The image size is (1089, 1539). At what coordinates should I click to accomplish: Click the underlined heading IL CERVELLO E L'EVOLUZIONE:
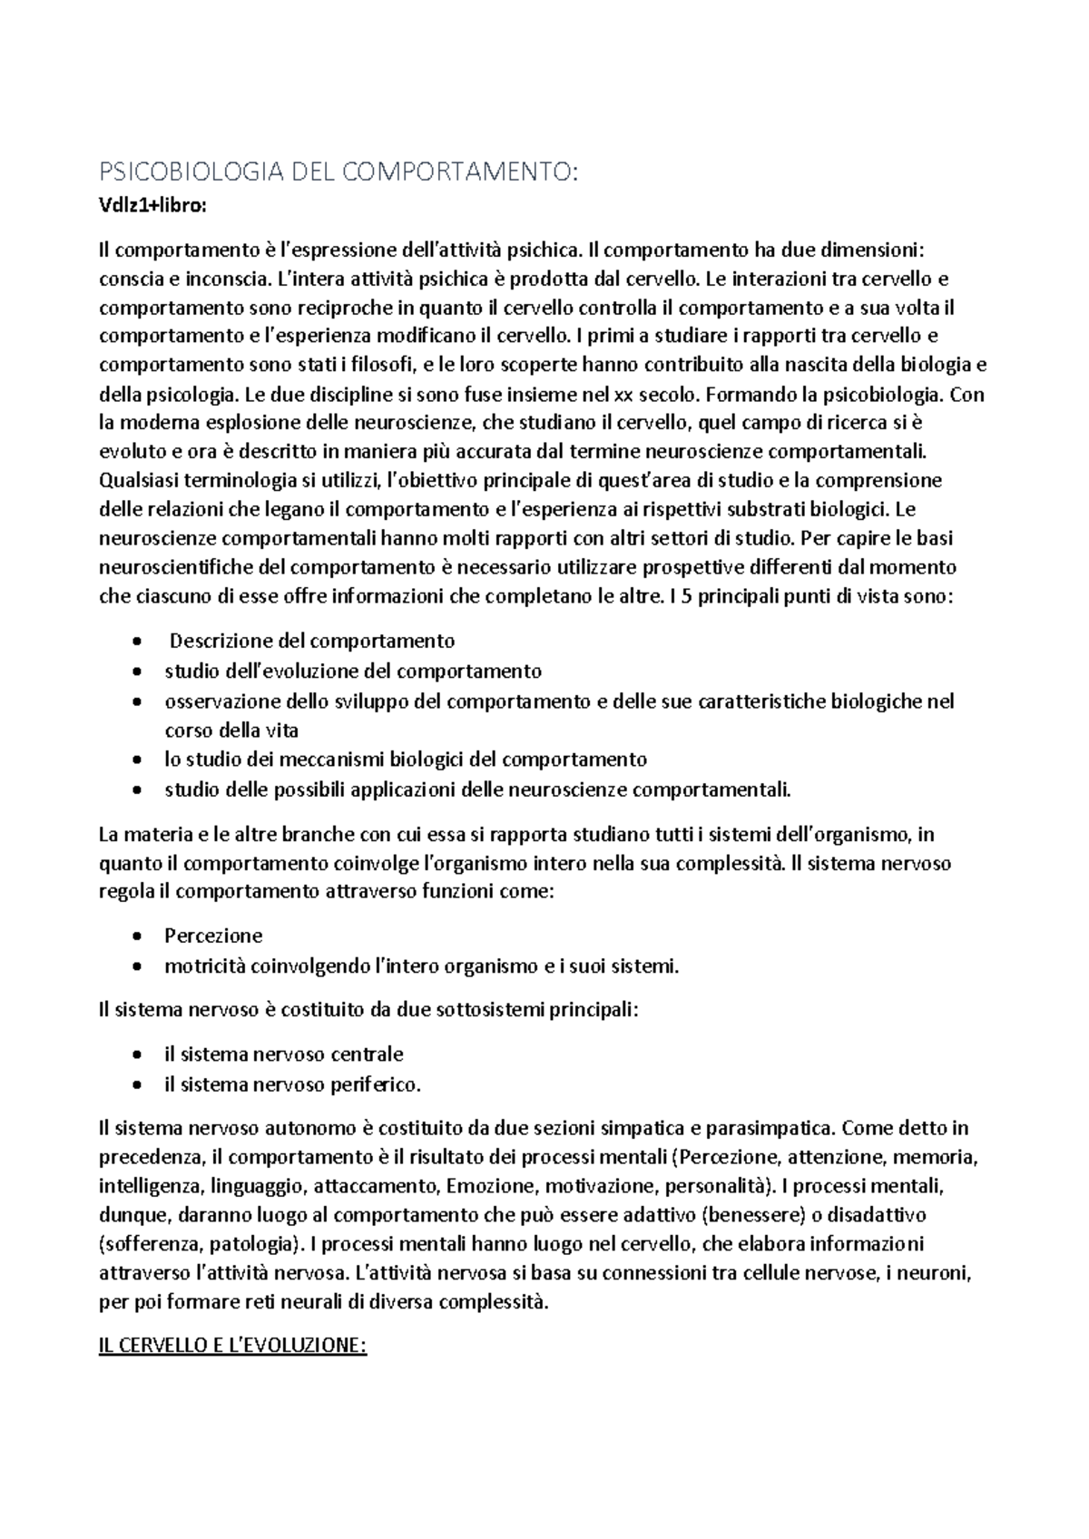[x=231, y=1346]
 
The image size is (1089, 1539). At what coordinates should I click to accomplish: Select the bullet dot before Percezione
[x=136, y=936]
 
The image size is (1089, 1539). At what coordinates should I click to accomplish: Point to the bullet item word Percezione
[x=213, y=936]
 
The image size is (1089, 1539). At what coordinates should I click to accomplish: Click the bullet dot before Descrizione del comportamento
[x=136, y=642]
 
